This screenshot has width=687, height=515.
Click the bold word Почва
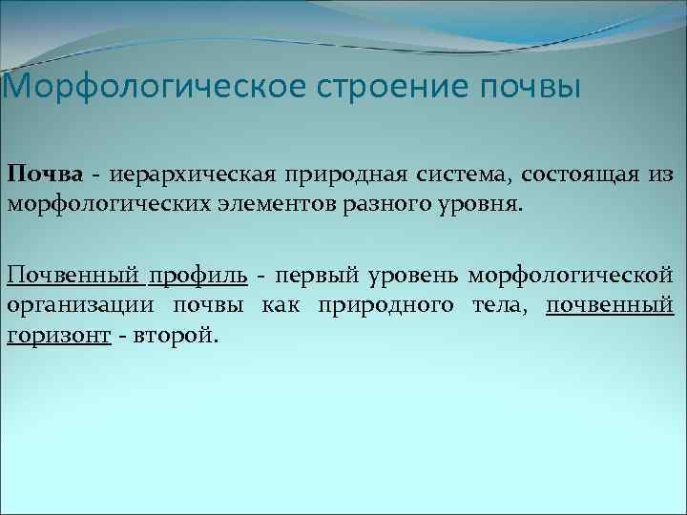(x=46, y=175)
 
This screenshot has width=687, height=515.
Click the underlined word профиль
(x=198, y=277)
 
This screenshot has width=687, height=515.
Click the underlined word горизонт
(x=59, y=336)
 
